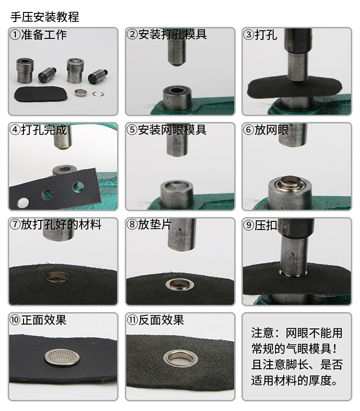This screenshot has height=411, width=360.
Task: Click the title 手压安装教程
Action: [x=45, y=17]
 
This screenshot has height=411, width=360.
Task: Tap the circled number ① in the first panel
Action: [x=15, y=35]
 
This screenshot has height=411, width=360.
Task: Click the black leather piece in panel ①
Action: [x=41, y=94]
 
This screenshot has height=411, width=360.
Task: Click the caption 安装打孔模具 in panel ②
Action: [x=172, y=35]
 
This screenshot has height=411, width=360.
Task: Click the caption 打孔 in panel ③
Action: [x=266, y=35]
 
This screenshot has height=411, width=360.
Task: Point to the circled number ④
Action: [x=15, y=130]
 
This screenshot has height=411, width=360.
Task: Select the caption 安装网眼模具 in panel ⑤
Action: [x=172, y=130]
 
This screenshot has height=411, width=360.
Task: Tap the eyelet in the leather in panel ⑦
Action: [x=57, y=277]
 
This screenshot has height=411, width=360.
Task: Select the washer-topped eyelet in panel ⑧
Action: [x=178, y=284]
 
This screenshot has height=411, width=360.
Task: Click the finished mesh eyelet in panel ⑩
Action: [x=62, y=358]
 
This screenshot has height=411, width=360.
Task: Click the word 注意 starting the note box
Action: [x=263, y=333]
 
